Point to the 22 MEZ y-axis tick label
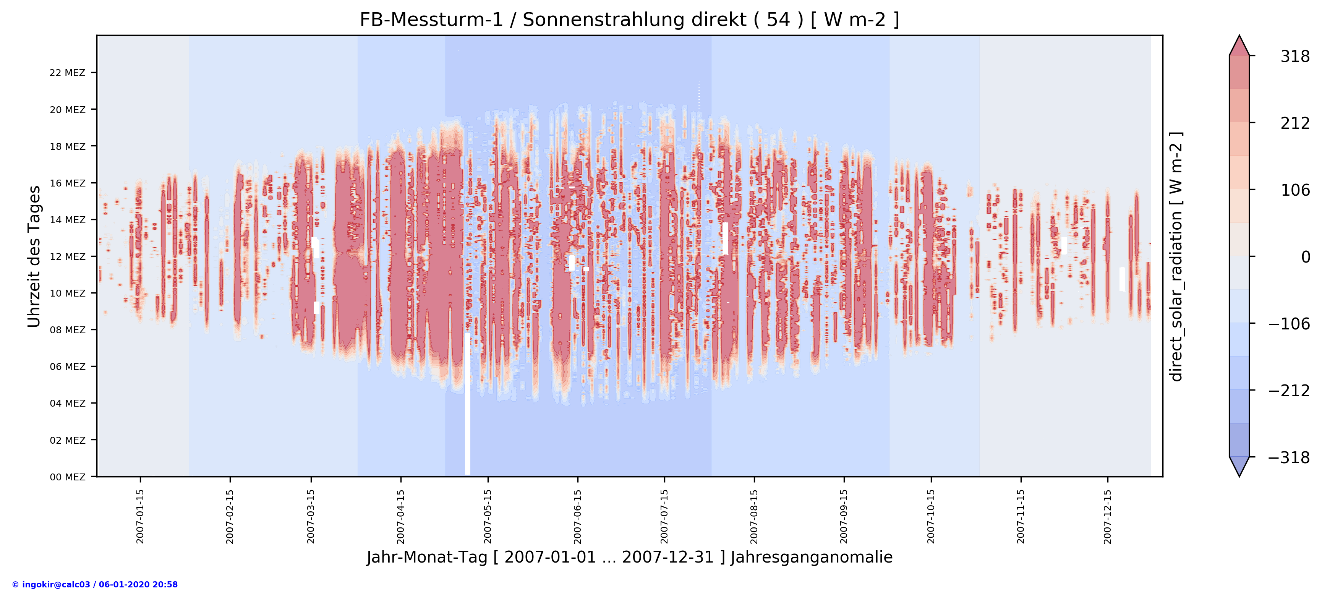[x=67, y=73]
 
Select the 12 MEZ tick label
[x=67, y=257]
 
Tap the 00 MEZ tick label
[x=67, y=477]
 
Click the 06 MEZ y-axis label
[x=67, y=366]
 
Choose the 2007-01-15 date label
[x=140, y=516]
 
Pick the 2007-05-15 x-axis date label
[x=488, y=516]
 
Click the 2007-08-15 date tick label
[x=754, y=516]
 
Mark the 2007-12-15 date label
[x=1108, y=516]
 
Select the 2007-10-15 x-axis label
[x=931, y=516]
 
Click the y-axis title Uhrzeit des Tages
[x=34, y=257]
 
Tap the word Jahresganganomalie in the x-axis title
[x=812, y=558]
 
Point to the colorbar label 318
[x=1295, y=57]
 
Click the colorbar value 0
[x=1306, y=257]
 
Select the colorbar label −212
[x=1289, y=391]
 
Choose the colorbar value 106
[x=1295, y=190]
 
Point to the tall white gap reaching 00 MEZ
[x=468, y=410]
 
